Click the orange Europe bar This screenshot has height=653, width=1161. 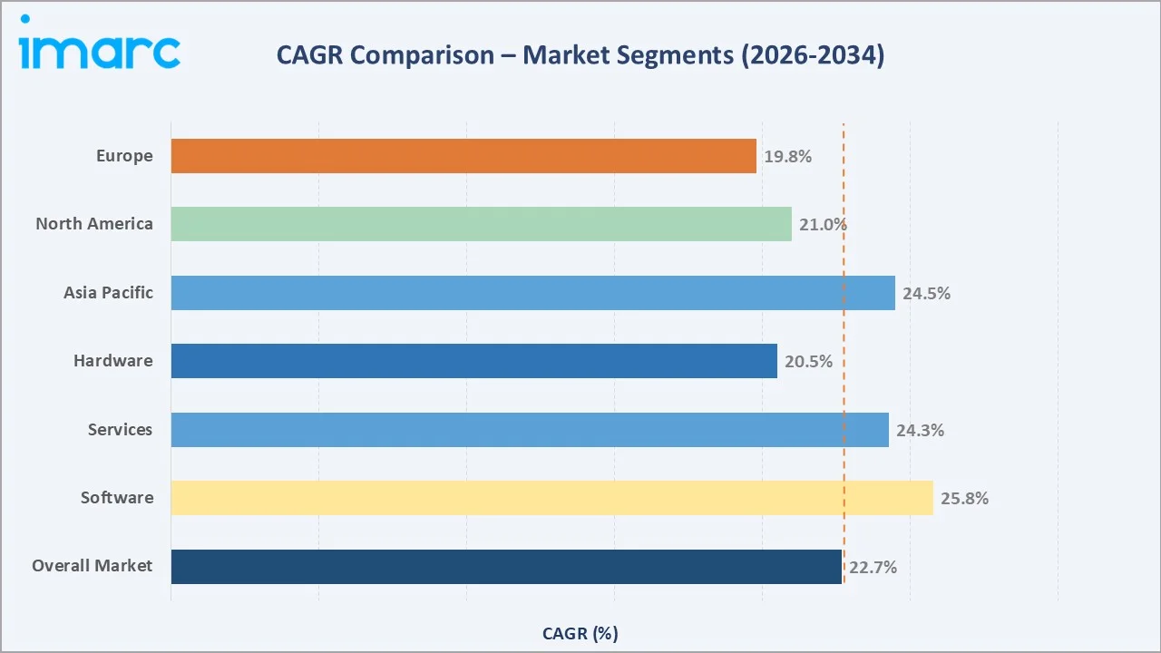point(463,156)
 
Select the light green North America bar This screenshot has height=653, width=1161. point(481,224)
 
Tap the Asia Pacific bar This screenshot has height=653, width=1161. point(532,293)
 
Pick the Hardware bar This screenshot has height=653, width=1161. point(473,361)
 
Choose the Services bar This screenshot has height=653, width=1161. point(530,430)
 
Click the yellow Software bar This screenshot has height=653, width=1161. point(551,498)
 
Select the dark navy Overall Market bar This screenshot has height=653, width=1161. point(506,567)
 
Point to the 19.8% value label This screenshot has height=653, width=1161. point(787,157)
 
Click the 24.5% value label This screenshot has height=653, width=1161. point(926,294)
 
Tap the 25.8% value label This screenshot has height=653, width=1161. point(964,499)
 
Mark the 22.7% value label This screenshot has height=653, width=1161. point(873,568)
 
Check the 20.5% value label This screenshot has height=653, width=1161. point(808,362)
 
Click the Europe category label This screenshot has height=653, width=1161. point(124,156)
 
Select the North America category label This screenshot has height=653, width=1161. point(94,224)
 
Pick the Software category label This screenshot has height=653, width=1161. point(116,498)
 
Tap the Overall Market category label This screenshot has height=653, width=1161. point(92,566)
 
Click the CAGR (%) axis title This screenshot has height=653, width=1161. point(580,633)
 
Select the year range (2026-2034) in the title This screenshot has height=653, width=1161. point(811,55)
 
